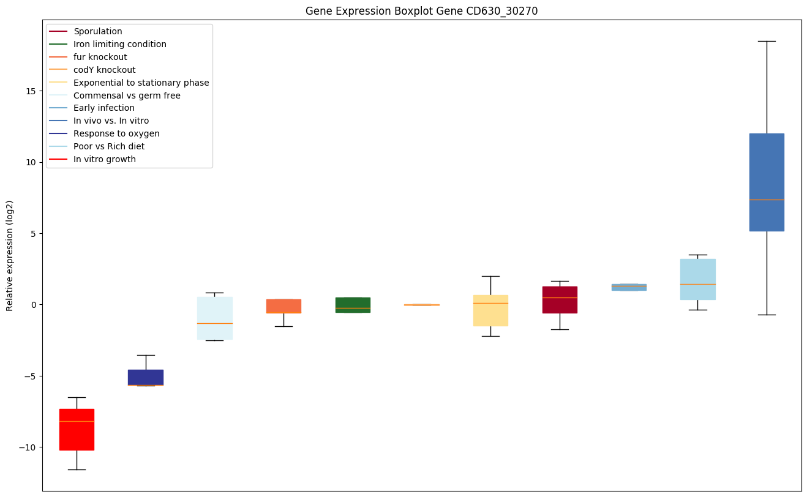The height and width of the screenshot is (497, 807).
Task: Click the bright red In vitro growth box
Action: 77,429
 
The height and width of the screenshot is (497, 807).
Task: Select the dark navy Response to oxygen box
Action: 146,377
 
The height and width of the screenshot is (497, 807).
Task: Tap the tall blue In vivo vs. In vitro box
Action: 767,182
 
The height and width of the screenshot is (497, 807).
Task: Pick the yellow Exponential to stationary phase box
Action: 490,310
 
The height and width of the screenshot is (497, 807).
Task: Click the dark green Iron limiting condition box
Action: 353,305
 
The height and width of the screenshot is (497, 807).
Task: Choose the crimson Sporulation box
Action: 560,300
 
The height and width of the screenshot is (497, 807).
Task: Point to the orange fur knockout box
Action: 283,306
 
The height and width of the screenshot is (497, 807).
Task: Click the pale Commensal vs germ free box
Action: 214,318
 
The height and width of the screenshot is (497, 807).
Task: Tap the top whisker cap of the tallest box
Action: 767,41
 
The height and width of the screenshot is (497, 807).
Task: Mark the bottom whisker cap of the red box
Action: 77,469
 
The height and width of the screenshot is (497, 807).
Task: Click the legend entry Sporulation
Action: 98,31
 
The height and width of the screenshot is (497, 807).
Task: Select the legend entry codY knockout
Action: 105,70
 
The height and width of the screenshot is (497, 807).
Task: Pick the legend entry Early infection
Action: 104,108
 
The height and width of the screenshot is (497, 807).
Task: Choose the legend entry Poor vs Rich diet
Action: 109,146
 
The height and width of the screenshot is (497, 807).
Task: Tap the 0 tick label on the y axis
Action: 34,305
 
